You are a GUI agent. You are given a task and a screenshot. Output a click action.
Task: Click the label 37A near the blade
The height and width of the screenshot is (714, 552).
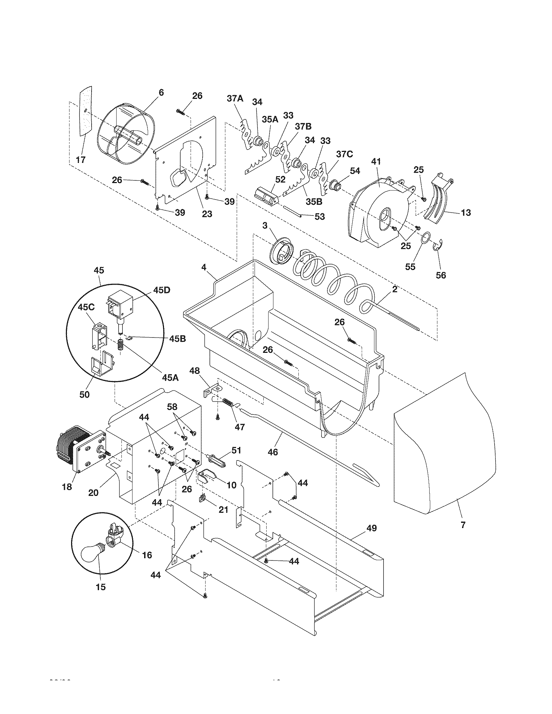tap(235, 98)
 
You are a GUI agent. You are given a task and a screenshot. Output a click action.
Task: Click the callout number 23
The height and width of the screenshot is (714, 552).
tap(207, 214)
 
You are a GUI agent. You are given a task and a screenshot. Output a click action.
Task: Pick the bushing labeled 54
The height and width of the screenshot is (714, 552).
tap(335, 186)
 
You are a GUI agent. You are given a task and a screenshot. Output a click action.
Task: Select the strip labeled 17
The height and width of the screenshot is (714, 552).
tap(86, 111)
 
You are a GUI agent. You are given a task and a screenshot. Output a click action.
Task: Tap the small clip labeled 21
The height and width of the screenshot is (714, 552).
tap(202, 499)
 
